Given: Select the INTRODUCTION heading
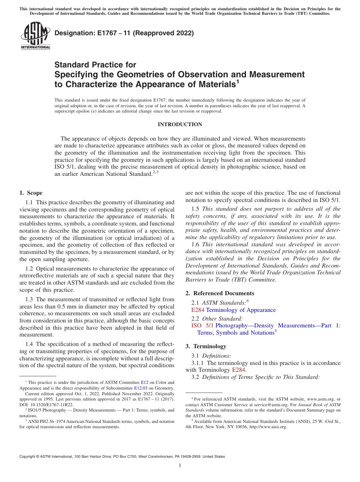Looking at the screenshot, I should click(180, 124).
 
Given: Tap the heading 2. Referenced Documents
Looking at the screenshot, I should click(220, 293).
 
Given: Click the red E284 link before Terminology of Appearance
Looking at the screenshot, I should click(198, 310).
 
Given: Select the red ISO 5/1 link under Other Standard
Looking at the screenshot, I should click(202, 325).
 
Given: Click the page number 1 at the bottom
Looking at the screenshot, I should click(180, 466).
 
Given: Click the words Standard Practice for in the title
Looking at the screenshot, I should click(95, 65).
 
